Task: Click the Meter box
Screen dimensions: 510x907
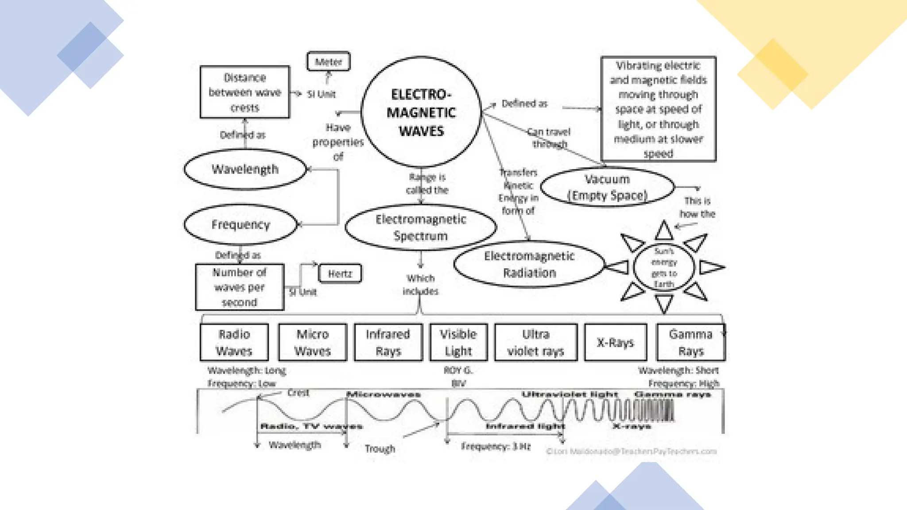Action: point(328,62)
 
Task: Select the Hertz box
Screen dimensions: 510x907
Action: point(340,274)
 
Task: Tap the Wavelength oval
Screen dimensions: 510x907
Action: point(245,169)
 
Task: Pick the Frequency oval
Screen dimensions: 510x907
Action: point(240,224)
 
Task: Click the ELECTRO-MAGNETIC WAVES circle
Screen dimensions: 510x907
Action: point(421,112)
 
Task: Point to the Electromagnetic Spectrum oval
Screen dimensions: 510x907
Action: point(420,227)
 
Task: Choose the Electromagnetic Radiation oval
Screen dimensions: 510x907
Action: point(529,264)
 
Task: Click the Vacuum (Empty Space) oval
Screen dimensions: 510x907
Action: point(607,187)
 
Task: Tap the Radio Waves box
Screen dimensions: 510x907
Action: point(234,342)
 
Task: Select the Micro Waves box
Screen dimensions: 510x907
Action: point(312,342)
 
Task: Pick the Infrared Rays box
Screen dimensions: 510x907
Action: point(388,342)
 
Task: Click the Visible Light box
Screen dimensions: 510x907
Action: point(458,342)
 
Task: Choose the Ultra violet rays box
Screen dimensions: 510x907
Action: point(535,342)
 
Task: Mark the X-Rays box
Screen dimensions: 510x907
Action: point(615,342)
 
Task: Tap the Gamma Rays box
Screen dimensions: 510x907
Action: point(690,342)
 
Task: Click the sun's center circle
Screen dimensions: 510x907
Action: point(663,267)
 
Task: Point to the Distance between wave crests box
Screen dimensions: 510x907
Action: point(244,92)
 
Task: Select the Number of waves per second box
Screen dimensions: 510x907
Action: point(240,287)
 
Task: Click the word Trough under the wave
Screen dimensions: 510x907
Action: point(380,449)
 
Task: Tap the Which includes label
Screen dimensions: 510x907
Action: point(420,285)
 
